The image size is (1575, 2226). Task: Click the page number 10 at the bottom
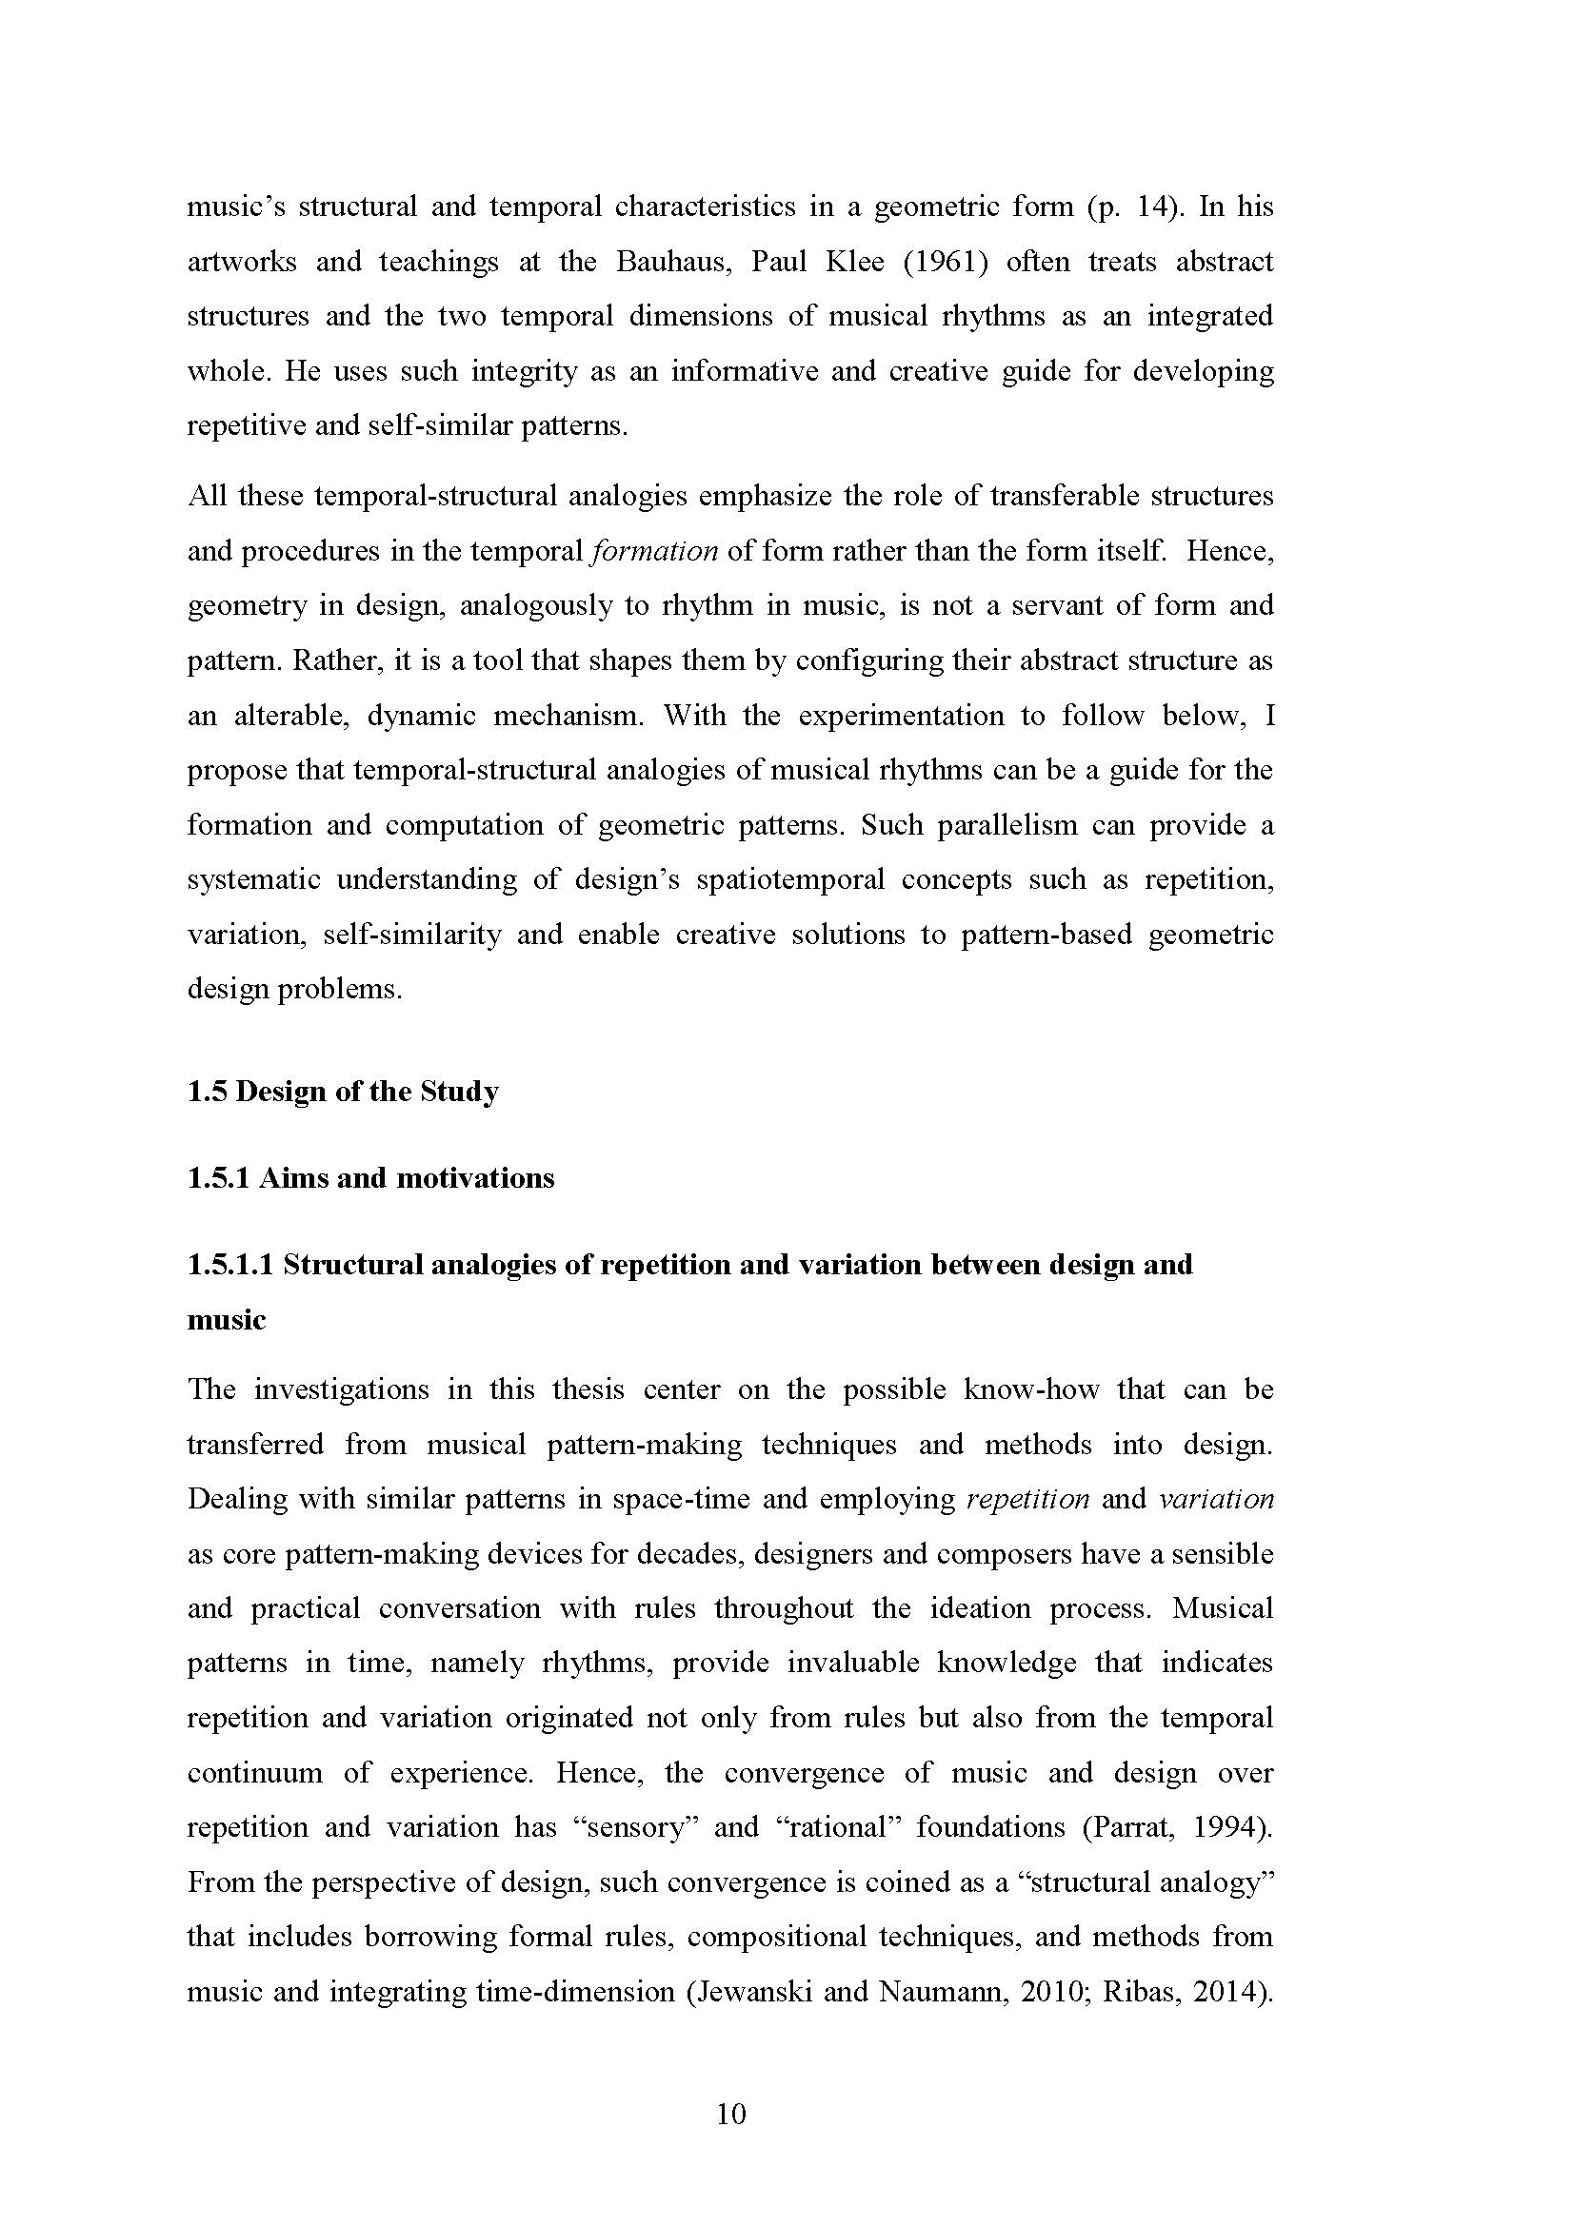coord(731,2114)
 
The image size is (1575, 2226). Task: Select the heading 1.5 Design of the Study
coord(343,1092)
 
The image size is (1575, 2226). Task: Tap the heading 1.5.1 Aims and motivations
coord(370,1178)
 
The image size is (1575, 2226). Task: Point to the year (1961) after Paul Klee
coord(945,262)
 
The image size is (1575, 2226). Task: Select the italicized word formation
coord(654,552)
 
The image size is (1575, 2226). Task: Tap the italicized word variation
coord(1216,1499)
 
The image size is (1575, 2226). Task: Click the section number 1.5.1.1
coord(230,1264)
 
